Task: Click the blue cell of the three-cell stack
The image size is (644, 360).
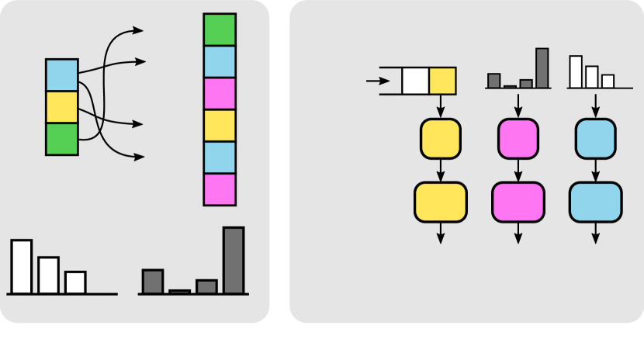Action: (x=61, y=75)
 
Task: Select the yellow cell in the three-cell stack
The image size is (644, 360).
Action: (x=61, y=107)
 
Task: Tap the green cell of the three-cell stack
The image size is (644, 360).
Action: (x=61, y=139)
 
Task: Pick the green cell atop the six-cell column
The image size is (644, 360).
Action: (x=220, y=30)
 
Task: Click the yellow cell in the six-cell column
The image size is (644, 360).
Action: (x=220, y=126)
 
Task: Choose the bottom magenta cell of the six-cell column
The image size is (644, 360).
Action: (x=220, y=189)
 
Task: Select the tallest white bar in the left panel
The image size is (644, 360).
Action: (x=22, y=266)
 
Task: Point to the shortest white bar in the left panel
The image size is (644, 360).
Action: (x=75, y=282)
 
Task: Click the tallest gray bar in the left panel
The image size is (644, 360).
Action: (x=234, y=260)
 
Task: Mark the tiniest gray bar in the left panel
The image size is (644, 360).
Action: (x=179, y=291)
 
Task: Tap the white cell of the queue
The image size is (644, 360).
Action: (x=415, y=81)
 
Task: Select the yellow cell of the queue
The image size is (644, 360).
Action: (x=442, y=81)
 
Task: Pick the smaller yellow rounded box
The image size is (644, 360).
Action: (x=441, y=138)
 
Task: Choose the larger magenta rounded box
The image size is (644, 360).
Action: (x=518, y=202)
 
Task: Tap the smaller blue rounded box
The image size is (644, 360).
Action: (x=595, y=138)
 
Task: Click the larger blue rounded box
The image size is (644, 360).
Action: (x=595, y=202)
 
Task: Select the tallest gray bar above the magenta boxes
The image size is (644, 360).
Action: (x=542, y=67)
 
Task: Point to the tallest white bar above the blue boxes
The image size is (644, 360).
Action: (x=576, y=71)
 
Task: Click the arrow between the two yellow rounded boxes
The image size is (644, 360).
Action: (x=441, y=169)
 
